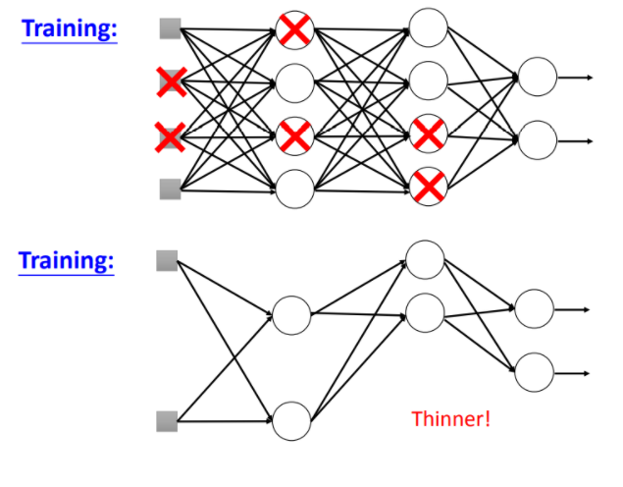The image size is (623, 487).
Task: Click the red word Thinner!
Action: [x=450, y=419]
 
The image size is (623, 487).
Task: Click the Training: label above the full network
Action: [x=69, y=28]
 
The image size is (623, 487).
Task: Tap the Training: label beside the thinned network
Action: [x=67, y=262]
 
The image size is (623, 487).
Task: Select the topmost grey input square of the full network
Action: [x=171, y=28]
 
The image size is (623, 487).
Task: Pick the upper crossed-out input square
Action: [x=171, y=82]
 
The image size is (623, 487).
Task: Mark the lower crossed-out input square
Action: [x=170, y=136]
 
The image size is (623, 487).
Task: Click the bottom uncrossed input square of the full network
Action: [x=171, y=189]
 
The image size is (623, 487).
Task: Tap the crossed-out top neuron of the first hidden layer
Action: [x=294, y=30]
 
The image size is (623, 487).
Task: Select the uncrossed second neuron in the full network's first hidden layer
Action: [x=294, y=84]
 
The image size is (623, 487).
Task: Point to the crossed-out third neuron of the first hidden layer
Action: [x=294, y=135]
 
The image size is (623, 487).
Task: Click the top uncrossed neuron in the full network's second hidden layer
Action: [x=429, y=27]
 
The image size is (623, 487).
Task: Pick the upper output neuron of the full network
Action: [x=538, y=77]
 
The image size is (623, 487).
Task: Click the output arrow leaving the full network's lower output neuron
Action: [x=576, y=140]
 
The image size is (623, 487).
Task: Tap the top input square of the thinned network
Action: [x=167, y=261]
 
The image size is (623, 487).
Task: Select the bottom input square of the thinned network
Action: [x=167, y=421]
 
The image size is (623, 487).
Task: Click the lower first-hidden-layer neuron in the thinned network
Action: [x=291, y=420]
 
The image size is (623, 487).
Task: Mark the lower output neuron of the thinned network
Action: [x=535, y=372]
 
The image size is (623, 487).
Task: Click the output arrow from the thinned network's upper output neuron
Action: [x=573, y=309]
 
